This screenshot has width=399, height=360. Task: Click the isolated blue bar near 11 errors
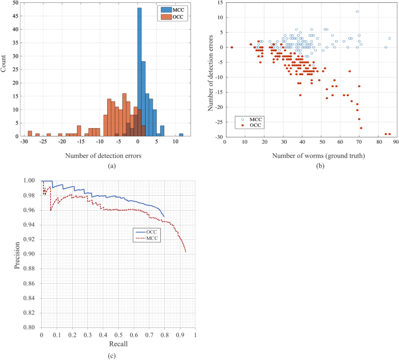(181, 135)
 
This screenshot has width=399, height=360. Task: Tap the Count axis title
(5, 69)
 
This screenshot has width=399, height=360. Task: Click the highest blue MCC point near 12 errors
(357, 12)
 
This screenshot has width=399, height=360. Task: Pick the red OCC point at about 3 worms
(232, 47)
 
